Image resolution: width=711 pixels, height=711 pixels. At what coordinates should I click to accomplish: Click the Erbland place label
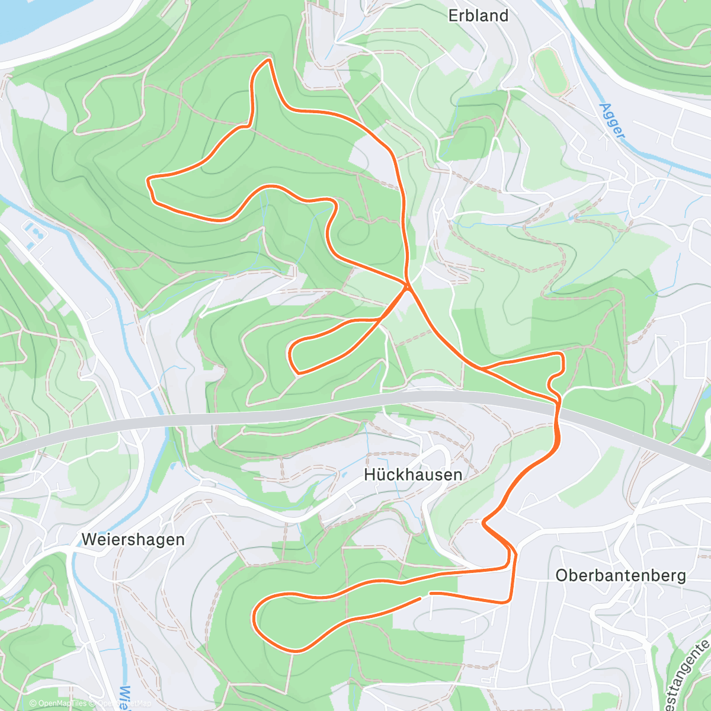pyautogui.click(x=478, y=15)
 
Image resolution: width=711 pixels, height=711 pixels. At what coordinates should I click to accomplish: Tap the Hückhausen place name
pyautogui.click(x=413, y=475)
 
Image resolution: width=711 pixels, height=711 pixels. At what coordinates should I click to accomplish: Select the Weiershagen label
pyautogui.click(x=133, y=539)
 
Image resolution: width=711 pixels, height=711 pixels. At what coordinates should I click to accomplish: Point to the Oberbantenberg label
pyautogui.click(x=620, y=575)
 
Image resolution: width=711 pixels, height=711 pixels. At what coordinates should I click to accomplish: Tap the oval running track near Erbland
pyautogui.click(x=551, y=72)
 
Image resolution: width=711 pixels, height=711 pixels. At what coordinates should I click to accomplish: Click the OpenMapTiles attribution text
pyautogui.click(x=58, y=703)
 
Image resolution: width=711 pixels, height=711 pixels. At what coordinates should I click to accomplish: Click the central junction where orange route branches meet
pyautogui.click(x=408, y=287)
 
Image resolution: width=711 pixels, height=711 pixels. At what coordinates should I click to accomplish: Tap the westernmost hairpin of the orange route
pyautogui.click(x=149, y=179)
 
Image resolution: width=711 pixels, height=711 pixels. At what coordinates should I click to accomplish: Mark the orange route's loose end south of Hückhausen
pyautogui.click(x=421, y=598)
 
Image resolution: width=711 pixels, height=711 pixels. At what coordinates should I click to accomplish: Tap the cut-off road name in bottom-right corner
pyautogui.click(x=687, y=675)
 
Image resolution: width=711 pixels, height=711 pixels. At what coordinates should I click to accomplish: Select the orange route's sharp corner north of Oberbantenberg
pyautogui.click(x=485, y=523)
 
